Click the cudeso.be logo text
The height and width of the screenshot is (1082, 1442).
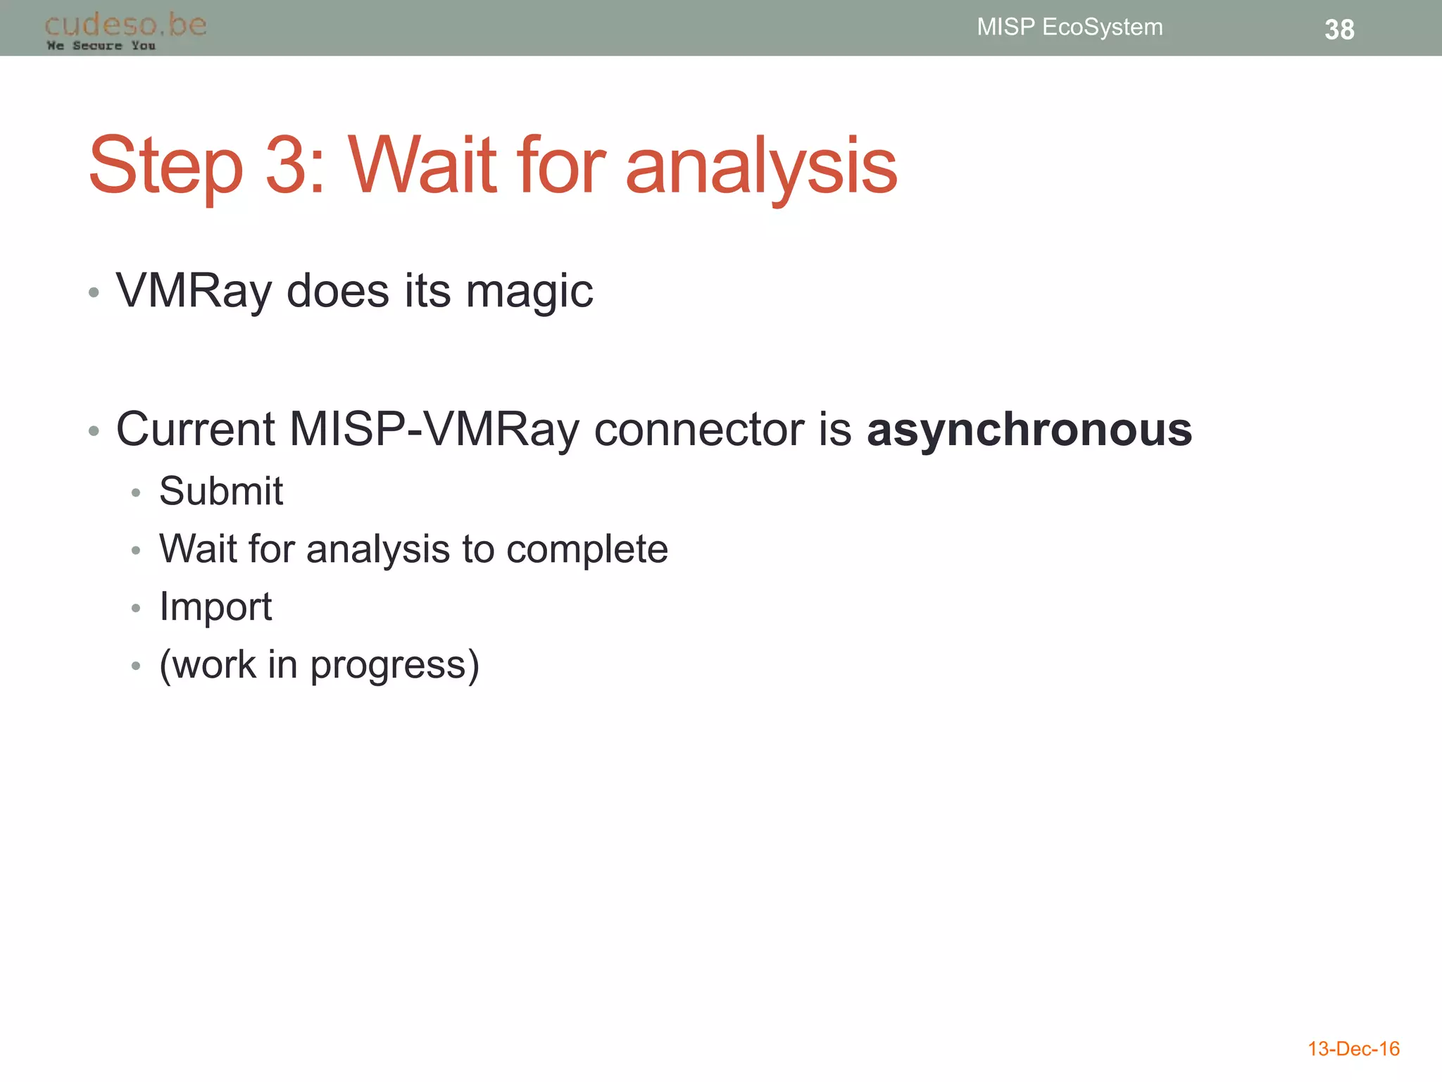tap(125, 25)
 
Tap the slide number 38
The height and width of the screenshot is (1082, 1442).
tap(1338, 30)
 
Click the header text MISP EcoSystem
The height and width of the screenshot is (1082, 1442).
tap(1069, 27)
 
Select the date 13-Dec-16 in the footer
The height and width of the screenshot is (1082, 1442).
tap(1353, 1049)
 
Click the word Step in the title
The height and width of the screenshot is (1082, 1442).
tap(166, 166)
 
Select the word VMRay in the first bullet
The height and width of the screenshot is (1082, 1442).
tap(194, 291)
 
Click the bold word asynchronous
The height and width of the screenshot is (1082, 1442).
tap(1029, 429)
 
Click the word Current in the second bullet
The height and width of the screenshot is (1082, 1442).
tap(195, 429)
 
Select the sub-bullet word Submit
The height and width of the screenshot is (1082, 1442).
tap(220, 491)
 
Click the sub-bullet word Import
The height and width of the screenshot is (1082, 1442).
tap(215, 607)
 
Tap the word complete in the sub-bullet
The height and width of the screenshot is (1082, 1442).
tap(587, 549)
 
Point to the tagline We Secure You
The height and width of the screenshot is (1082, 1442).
tap(101, 46)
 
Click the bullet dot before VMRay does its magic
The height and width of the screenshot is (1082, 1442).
tap(94, 292)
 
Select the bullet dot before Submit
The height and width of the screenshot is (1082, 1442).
tap(136, 492)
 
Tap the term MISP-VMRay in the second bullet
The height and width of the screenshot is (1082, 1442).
tap(434, 429)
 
